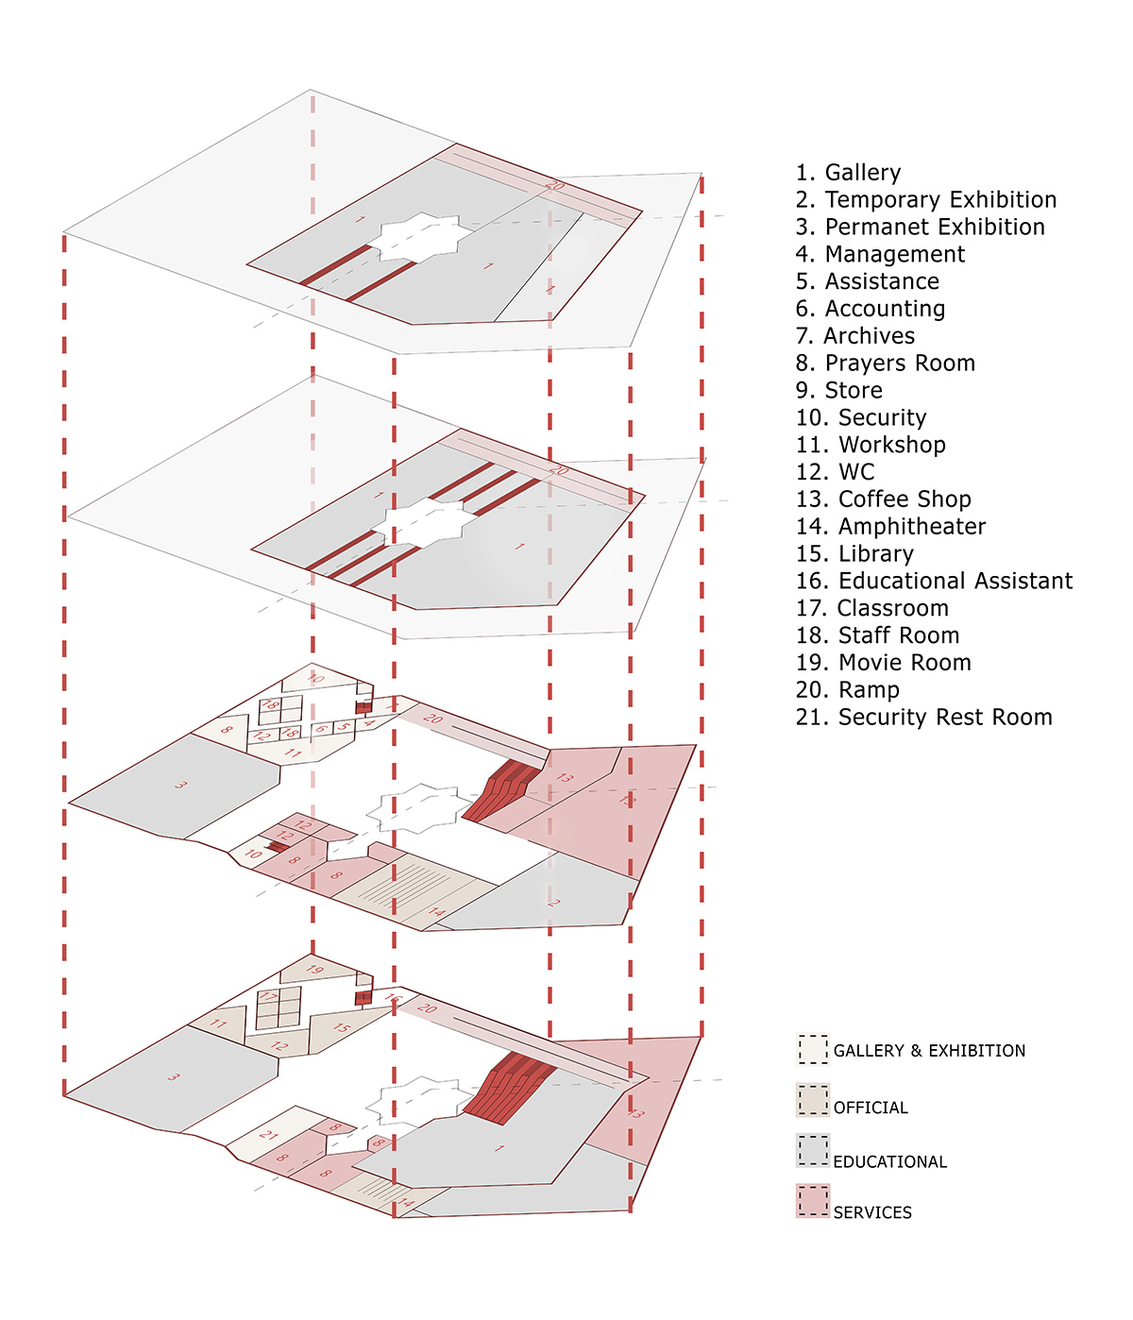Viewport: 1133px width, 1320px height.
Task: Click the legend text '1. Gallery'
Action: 848,173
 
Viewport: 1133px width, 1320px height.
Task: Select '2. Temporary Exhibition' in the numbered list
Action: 925,200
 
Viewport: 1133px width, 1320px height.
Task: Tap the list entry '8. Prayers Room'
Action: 885,364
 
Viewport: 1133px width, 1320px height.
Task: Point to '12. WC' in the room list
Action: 835,472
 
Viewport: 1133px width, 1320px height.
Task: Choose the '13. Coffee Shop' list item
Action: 883,499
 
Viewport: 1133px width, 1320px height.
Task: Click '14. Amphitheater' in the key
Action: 890,527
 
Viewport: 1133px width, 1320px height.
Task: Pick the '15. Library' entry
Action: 854,554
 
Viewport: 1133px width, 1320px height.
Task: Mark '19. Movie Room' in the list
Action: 883,663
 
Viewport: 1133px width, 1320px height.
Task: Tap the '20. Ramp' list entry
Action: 847,690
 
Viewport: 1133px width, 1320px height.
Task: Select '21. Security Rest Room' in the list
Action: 923,718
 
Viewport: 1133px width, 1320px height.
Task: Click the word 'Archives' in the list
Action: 869,336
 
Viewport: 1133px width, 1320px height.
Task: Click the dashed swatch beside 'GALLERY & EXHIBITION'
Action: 812,1049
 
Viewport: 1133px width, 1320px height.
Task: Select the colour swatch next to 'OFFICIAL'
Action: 812,1100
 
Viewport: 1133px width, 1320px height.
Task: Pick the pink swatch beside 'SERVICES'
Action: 812,1201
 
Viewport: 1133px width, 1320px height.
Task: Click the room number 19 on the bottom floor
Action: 315,970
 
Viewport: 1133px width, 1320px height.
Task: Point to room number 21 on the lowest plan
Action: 269,1135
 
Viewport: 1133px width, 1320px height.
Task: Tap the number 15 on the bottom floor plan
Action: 342,1028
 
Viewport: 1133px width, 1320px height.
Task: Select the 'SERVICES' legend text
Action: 871,1212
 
